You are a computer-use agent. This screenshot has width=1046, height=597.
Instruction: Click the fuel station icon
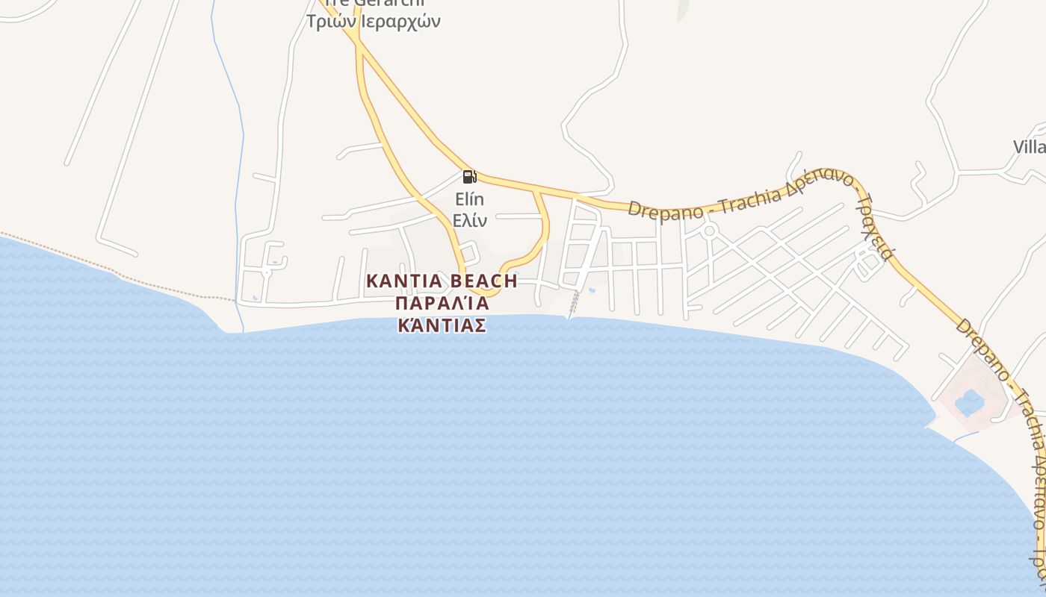click(x=469, y=177)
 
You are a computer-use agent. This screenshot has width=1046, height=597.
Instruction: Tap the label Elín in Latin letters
click(x=470, y=199)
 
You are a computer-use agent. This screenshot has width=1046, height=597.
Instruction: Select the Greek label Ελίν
click(x=470, y=221)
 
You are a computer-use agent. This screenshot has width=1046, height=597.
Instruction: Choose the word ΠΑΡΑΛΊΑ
click(x=442, y=303)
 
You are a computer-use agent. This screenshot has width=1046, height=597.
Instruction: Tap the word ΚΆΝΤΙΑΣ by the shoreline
click(x=442, y=325)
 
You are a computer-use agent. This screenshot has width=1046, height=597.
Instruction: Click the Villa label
click(x=1030, y=146)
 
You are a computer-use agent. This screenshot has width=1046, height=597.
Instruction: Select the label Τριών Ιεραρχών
click(x=373, y=21)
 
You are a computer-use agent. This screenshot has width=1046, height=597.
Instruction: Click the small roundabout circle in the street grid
click(x=709, y=231)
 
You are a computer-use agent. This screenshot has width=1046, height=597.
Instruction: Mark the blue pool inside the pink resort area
click(x=970, y=402)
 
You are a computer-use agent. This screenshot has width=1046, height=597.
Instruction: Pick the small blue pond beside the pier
click(x=592, y=290)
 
